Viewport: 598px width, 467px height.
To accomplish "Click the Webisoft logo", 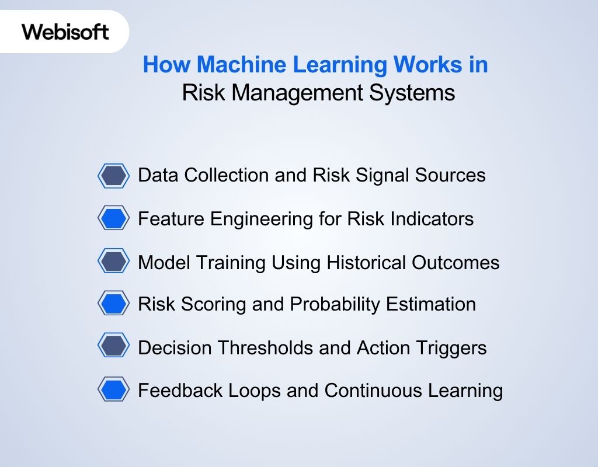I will click(65, 32).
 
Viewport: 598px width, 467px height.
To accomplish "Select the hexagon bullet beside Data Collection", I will click(113, 176).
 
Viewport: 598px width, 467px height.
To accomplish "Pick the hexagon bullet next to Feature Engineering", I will click(113, 219).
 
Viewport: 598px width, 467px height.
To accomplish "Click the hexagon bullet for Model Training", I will click(113, 262).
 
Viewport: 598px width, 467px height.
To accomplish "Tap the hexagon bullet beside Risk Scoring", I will click(113, 304).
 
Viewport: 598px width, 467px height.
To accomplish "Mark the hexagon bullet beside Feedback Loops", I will click(113, 390).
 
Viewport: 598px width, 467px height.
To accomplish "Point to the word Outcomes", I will click(456, 263).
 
